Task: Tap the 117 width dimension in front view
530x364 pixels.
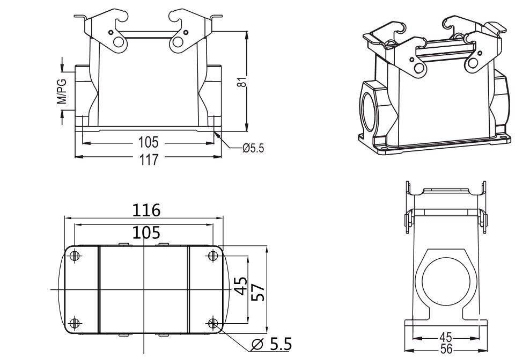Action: [x=148, y=158]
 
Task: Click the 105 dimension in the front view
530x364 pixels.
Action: [x=148, y=143]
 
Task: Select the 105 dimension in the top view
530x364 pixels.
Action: [x=143, y=232]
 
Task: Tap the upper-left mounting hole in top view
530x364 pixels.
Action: [x=75, y=256]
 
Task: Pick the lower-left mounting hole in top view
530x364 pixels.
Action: [x=75, y=323]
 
